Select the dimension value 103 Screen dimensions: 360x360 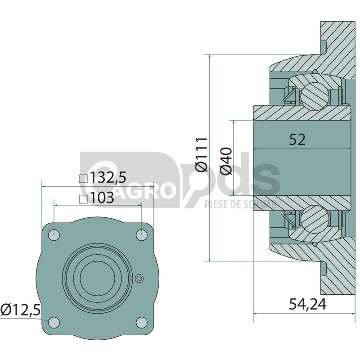102,198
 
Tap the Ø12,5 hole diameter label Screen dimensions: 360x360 20,310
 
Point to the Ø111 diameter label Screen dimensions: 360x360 202,154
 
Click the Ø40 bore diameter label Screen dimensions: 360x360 226,161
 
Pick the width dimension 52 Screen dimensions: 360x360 297,139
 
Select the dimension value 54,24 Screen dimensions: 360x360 307,304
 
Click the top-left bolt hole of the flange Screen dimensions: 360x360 54,235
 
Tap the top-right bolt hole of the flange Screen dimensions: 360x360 142,235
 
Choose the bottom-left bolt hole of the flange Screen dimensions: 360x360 54,322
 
